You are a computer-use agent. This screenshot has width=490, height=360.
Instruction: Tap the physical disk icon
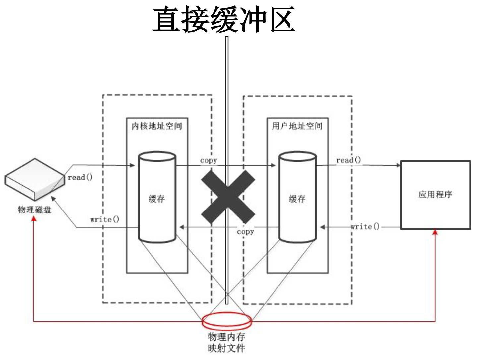(34, 179)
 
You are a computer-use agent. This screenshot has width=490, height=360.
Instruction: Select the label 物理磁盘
(34, 210)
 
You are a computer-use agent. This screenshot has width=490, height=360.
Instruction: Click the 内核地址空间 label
(157, 126)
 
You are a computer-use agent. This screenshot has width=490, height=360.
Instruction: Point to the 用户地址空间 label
(297, 126)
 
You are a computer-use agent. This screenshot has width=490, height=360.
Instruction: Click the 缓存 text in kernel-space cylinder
(157, 199)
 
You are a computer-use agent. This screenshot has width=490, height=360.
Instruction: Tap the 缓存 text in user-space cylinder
(297, 199)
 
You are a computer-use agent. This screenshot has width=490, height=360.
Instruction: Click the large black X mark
(228, 197)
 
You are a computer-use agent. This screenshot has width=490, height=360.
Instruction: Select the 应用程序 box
(436, 195)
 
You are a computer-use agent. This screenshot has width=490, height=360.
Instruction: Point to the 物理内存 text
(226, 337)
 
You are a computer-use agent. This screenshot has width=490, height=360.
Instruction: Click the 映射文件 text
(226, 348)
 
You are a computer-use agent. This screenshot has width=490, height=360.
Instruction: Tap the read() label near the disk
(80, 177)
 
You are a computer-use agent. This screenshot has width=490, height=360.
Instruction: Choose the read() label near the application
(348, 160)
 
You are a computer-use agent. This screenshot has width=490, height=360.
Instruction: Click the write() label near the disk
(104, 219)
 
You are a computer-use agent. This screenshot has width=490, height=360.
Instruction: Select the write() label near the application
(365, 226)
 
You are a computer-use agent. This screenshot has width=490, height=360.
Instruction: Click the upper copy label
(209, 160)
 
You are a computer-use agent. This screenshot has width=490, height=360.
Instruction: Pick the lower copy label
(245, 232)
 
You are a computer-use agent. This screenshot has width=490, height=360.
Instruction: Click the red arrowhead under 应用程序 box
(435, 232)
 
